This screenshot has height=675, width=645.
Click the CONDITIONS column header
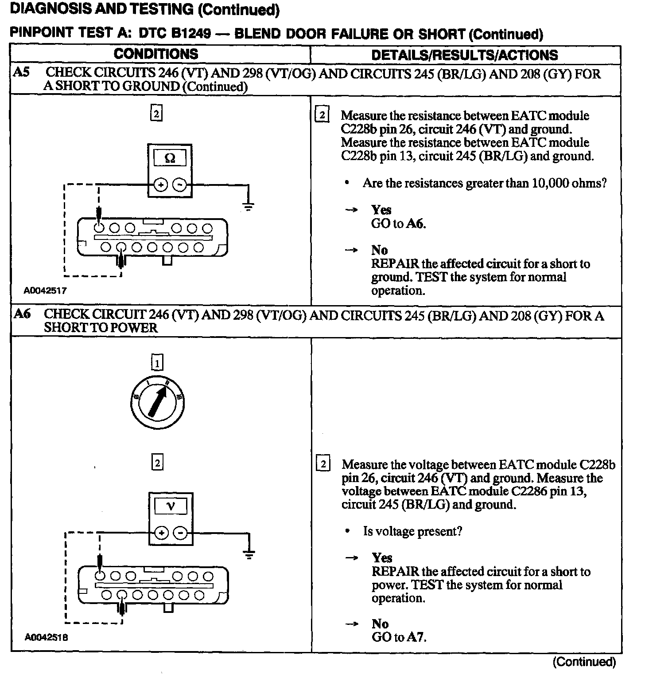pos(156,54)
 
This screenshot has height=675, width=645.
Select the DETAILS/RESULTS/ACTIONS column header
pos(465,55)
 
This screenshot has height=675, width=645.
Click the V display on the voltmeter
pos(171,506)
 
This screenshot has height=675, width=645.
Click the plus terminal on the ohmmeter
pos(160,184)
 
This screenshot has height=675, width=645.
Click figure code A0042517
pos(45,290)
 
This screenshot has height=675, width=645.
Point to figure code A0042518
pos(46,637)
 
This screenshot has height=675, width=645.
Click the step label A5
pos(21,72)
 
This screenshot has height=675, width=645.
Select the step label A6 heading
pos(22,314)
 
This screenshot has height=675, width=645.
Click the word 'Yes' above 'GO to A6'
pos(381,210)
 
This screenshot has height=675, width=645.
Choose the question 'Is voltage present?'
pos(412,531)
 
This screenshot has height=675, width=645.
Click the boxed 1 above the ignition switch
pos(157,363)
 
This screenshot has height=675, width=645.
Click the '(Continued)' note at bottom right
pos(584,662)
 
